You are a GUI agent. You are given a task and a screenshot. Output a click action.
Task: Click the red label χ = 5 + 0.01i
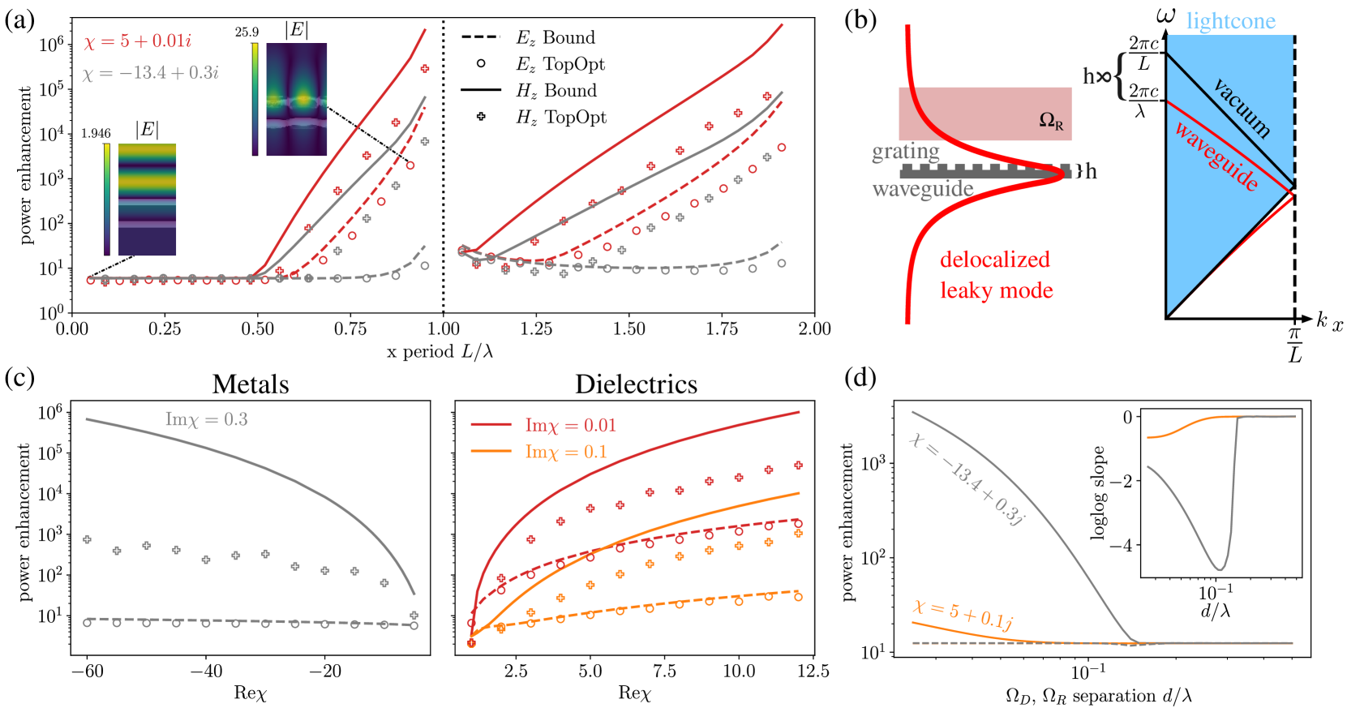[x=137, y=41]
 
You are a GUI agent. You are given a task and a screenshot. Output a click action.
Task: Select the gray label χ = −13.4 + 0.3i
[x=150, y=73]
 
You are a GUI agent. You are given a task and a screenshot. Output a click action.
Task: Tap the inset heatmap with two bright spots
[x=296, y=100]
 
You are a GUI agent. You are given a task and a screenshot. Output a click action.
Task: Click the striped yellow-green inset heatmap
[x=148, y=200]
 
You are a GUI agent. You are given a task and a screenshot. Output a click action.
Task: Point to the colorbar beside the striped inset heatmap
[x=107, y=200]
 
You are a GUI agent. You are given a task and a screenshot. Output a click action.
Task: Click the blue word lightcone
[x=1230, y=21]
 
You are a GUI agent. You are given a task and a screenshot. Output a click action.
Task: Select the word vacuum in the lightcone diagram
[x=1242, y=107]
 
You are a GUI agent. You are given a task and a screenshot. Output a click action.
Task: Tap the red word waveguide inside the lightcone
[x=1216, y=157]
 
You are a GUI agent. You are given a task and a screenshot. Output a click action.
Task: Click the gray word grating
[x=905, y=152]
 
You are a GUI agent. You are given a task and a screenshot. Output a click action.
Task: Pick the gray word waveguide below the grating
[x=922, y=189]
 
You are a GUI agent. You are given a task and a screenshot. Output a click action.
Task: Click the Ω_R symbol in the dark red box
[x=1051, y=121]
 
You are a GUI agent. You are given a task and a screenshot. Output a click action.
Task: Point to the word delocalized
[x=995, y=260]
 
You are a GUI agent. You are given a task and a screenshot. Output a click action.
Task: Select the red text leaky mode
[x=996, y=290]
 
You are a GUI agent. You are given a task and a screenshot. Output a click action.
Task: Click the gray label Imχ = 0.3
[x=207, y=419]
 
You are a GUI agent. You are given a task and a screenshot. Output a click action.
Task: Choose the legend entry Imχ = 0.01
[x=570, y=425]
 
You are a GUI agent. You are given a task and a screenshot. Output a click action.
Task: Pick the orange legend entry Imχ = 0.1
[x=565, y=452]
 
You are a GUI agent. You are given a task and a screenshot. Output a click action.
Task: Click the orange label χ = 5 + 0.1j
[x=963, y=615]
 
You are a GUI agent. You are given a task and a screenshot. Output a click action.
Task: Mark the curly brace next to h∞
[x=1121, y=76]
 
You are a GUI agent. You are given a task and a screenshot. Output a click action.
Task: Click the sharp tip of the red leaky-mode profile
[x=1064, y=172]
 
